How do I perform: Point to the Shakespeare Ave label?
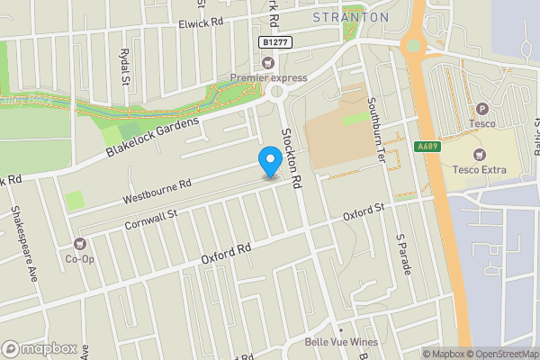tap(23, 244)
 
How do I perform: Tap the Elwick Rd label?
tap(202, 23)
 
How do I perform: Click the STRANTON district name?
tap(350, 17)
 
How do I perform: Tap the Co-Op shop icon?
tap(80, 244)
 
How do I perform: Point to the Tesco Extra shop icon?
tap(478, 154)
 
